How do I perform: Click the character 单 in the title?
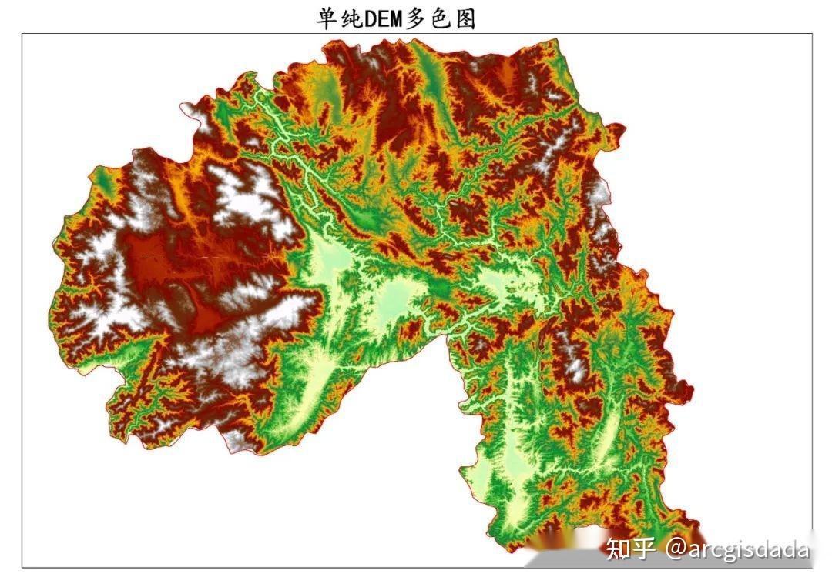[x=327, y=18]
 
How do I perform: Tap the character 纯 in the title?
[x=351, y=18]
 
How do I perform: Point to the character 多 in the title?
[x=418, y=18]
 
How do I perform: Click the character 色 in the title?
[x=441, y=18]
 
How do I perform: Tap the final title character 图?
[x=465, y=18]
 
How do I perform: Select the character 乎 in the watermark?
[x=643, y=549]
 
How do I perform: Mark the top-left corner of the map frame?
[x=22, y=34]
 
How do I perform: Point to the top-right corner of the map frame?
[x=813, y=34]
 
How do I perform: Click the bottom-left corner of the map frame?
[x=22, y=568]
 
